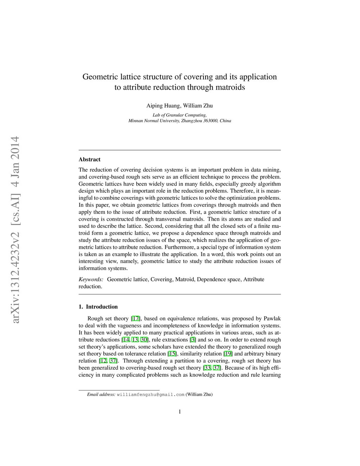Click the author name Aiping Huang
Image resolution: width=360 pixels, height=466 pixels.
coord(163,106)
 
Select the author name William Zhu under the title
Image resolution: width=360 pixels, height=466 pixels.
coord(198,106)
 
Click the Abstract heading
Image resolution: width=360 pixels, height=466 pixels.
coord(90,159)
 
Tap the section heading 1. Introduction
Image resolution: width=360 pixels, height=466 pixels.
coord(98,307)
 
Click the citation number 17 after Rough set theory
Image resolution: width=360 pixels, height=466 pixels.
coord(136,319)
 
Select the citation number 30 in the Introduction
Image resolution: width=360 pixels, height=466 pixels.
coord(144,340)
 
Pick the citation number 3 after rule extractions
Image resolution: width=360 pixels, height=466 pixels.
coord(193,340)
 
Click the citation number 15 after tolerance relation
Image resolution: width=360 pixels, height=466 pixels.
coord(172,354)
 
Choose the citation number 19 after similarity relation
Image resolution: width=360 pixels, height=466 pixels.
coord(228,354)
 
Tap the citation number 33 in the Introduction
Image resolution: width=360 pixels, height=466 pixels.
coord(207,368)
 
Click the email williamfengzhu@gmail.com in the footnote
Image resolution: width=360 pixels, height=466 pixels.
coord(150,395)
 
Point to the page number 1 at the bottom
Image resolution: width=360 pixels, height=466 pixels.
coord(180,412)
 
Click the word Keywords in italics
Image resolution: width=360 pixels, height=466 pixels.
coord(91,280)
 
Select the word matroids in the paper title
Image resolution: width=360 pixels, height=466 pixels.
coord(229,87)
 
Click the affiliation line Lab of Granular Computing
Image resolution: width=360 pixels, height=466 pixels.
coord(180,115)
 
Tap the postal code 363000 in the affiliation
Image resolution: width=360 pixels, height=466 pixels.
coord(211,121)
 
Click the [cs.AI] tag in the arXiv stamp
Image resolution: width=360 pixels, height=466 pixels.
coord(14,208)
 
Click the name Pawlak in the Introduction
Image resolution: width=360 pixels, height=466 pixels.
coord(272,319)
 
